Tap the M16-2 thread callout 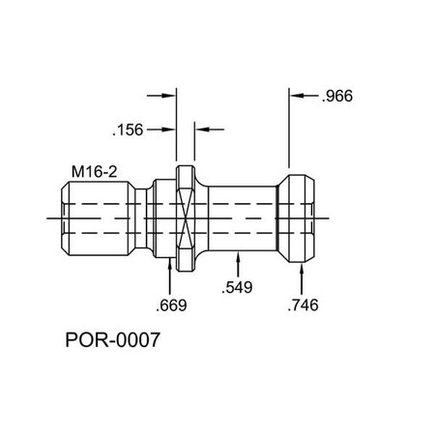(94, 171)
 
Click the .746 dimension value (304, 305)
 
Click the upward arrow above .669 (171, 275)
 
